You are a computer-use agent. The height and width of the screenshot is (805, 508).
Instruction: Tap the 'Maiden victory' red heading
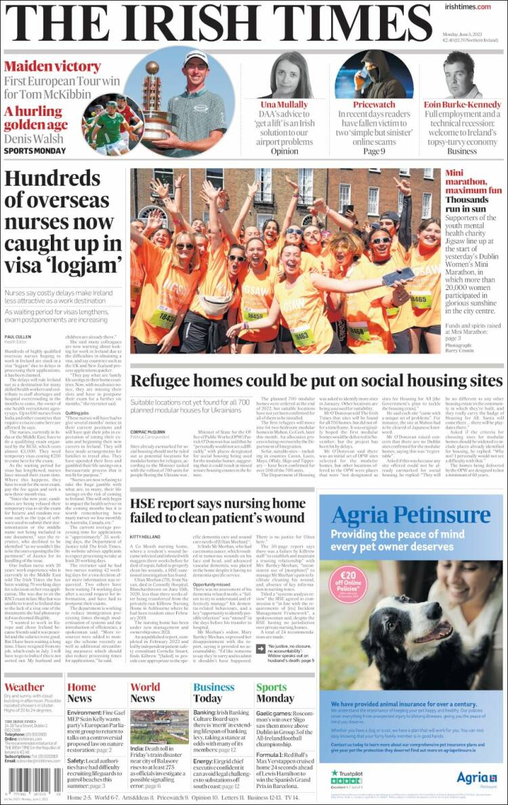(x=52, y=67)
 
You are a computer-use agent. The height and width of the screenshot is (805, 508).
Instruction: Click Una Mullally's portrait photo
(x=293, y=75)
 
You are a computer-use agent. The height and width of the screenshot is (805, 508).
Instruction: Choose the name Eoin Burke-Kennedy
(x=463, y=105)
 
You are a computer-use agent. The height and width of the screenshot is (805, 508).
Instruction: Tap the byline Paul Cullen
(x=18, y=337)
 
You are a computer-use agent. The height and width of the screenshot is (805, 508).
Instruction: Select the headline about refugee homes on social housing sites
(x=316, y=380)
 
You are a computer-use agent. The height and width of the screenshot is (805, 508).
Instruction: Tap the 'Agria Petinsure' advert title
(x=410, y=516)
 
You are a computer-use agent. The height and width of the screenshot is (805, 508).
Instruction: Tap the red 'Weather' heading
(x=24, y=687)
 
